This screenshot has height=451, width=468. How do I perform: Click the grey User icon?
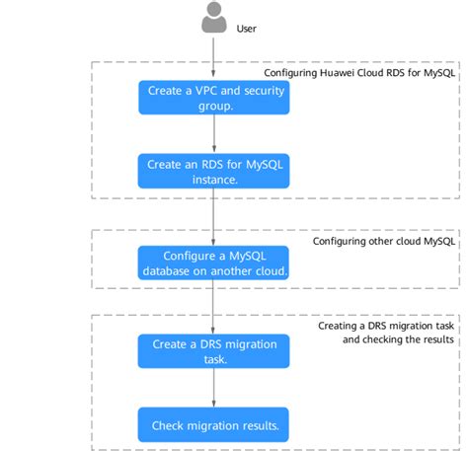click(213, 19)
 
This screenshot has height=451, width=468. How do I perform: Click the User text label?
click(246, 29)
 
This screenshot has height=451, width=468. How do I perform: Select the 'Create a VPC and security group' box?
click(213, 98)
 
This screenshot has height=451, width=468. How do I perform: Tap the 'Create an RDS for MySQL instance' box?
click(213, 172)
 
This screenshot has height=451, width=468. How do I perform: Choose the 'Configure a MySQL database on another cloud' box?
click(213, 263)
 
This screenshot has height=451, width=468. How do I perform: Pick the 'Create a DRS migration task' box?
click(213, 351)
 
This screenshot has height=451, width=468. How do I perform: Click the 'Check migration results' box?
click(213, 425)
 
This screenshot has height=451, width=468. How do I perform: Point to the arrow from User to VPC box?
click(213, 58)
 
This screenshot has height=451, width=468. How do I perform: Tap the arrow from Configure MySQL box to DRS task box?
click(213, 307)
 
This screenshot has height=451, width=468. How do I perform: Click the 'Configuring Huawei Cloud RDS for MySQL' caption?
click(358, 73)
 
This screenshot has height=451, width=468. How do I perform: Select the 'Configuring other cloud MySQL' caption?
click(383, 241)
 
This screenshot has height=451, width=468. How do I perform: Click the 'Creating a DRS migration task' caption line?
click(385, 325)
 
